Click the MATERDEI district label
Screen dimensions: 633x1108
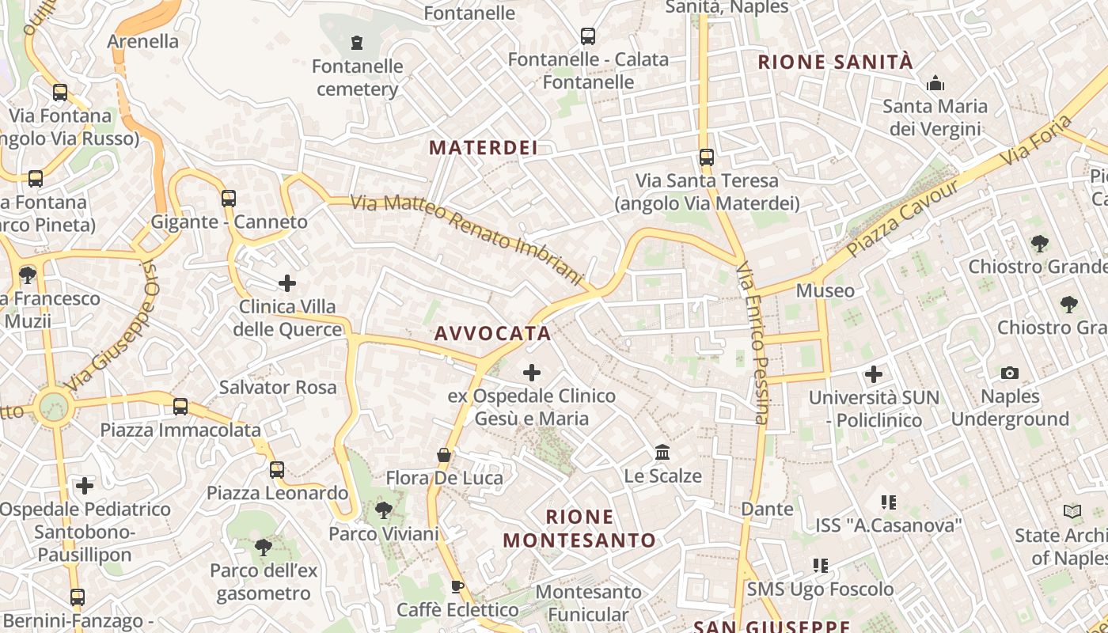point(484,147)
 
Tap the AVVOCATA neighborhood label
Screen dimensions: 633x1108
point(492,333)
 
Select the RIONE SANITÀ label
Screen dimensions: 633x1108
point(836,62)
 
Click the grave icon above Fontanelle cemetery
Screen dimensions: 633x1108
point(357,41)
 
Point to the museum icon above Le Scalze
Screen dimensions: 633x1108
point(662,453)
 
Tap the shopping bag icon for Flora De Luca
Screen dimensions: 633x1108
point(444,455)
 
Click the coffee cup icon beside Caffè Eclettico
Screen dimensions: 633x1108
point(457,586)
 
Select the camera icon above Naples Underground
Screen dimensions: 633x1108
point(1010,373)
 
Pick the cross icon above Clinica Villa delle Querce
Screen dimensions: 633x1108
point(287,282)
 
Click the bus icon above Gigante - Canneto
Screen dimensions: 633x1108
point(229,199)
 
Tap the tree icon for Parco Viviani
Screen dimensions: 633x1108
point(384,510)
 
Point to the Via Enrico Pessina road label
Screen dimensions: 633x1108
point(752,343)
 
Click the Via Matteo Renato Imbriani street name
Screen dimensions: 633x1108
point(467,240)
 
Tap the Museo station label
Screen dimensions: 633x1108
point(825,290)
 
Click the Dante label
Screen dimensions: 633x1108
point(767,509)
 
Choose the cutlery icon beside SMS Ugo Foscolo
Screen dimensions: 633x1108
point(821,566)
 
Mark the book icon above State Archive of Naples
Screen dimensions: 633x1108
point(1072,512)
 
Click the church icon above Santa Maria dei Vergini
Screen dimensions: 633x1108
point(935,83)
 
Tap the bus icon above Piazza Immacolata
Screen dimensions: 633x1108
point(180,407)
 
